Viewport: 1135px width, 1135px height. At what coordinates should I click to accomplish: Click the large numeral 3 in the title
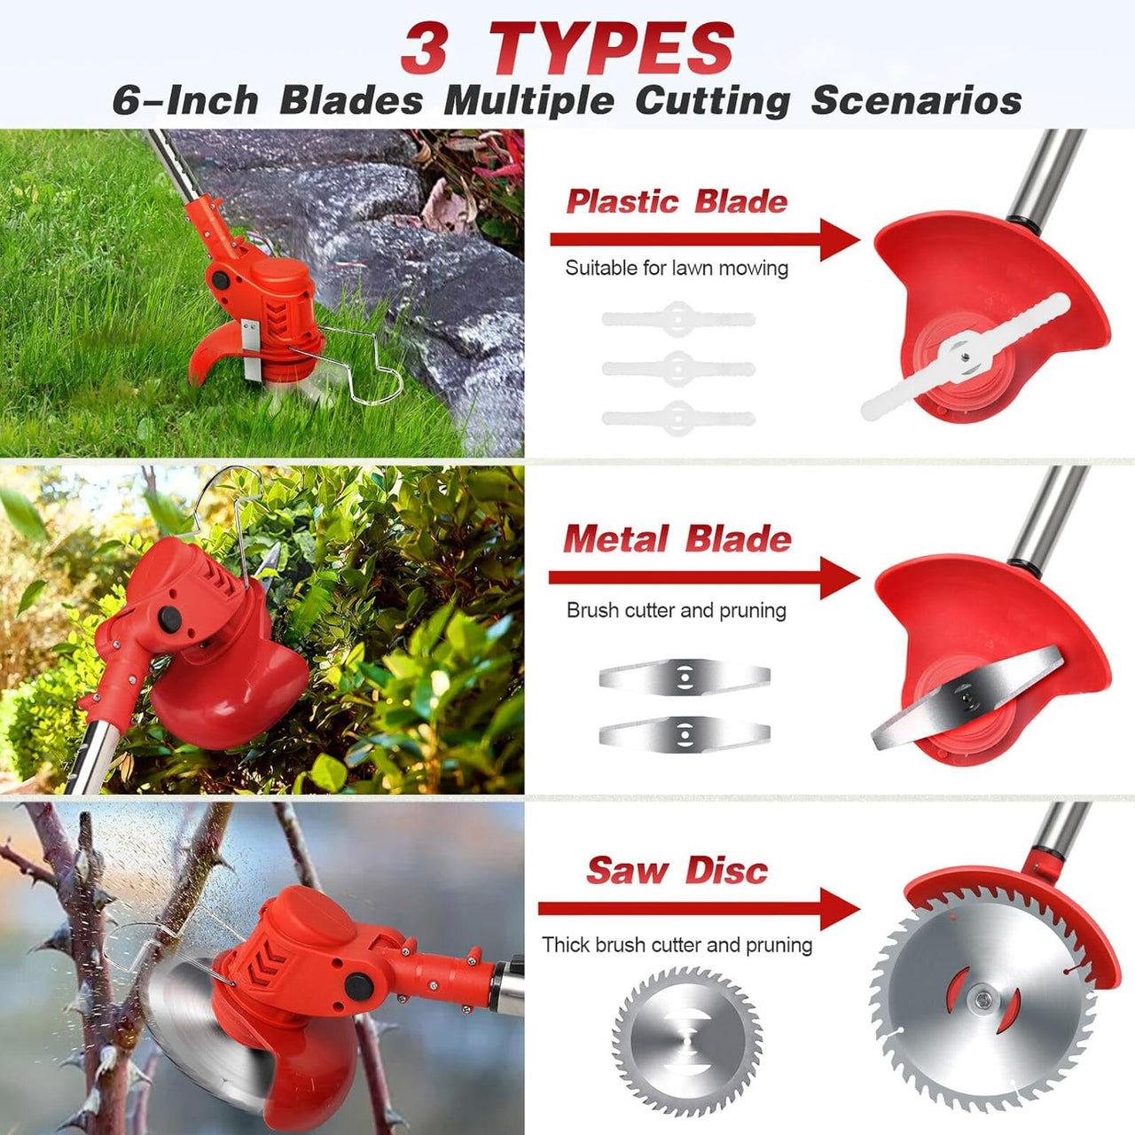tap(423, 49)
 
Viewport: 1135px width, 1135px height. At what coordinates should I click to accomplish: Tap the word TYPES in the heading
tap(612, 49)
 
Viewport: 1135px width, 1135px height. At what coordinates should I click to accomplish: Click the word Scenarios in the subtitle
tap(916, 100)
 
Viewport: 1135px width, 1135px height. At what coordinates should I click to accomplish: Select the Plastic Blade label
tap(677, 201)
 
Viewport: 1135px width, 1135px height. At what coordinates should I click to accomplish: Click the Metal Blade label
tap(677, 539)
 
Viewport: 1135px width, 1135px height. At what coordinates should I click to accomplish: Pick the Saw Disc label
tap(677, 871)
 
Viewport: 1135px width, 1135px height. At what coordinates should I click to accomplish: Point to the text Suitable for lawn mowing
tap(677, 268)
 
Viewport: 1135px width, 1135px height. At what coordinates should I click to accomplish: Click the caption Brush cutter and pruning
tap(677, 610)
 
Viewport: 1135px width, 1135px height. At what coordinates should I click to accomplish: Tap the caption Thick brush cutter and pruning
tap(677, 944)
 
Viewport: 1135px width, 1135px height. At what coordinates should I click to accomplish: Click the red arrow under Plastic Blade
tap(704, 239)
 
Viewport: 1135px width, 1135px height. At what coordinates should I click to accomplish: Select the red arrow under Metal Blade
tap(704, 577)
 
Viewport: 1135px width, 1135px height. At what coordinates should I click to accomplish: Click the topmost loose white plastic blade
tap(678, 317)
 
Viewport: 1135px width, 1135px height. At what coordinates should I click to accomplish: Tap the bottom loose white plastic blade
tap(678, 417)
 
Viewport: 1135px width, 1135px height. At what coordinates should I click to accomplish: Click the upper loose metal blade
tap(684, 677)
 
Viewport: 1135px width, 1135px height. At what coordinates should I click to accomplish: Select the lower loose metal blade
tap(684, 732)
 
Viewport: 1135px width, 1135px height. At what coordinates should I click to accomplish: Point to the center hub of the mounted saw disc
tap(982, 1000)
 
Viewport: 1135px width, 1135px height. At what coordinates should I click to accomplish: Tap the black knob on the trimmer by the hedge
tap(169, 618)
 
